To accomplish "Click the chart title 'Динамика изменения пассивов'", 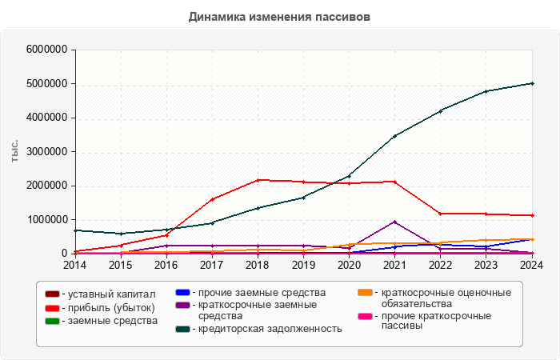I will coord(280,16).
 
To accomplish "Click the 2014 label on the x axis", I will coord(74,265).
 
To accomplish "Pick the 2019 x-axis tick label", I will coord(303,265).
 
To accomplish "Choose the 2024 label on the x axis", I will coord(532,265).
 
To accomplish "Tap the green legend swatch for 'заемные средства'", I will coord(52,321).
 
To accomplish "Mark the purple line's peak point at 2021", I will coord(395,222).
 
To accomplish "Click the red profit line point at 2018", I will coord(258,180).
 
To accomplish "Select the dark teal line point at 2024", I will coord(532,83).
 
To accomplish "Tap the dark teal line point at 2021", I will coord(395,136).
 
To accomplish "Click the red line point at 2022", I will coord(441,214).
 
